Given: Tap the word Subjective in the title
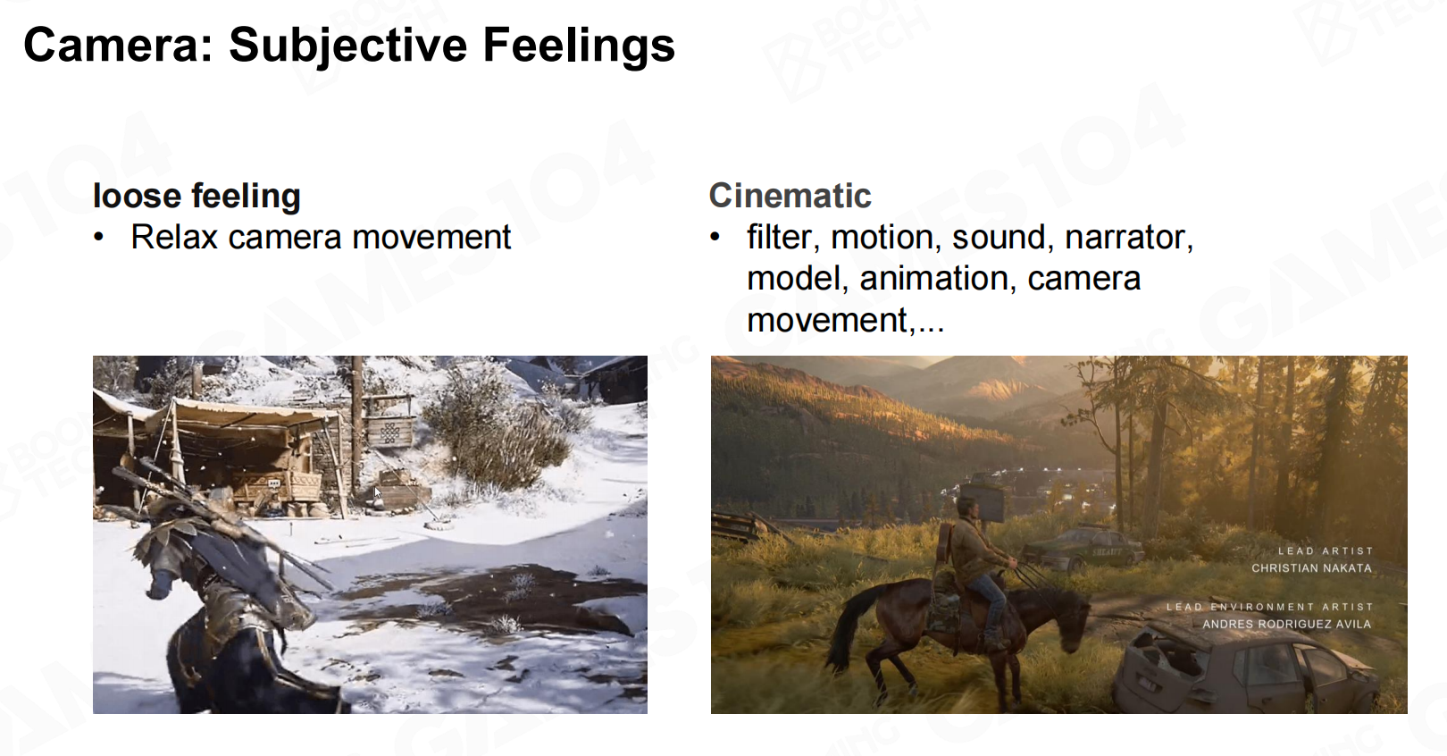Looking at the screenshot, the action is (348, 46).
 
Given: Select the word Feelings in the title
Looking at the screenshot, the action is (579, 46).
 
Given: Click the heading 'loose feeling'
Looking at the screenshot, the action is (197, 197).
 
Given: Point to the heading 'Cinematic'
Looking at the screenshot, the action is (790, 195).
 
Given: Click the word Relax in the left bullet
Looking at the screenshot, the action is (174, 237).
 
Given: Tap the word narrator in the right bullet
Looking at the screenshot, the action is (1128, 237).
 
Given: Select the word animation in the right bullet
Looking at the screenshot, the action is (934, 279).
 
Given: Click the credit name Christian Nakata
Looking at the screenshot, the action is (1311, 568).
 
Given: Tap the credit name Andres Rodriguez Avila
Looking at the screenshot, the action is (1287, 624).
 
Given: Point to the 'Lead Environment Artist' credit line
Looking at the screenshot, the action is (1270, 607).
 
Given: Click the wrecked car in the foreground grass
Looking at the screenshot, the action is (1247, 666).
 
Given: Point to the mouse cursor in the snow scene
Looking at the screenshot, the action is (378, 492).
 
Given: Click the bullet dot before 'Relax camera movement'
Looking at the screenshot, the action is (99, 237).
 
